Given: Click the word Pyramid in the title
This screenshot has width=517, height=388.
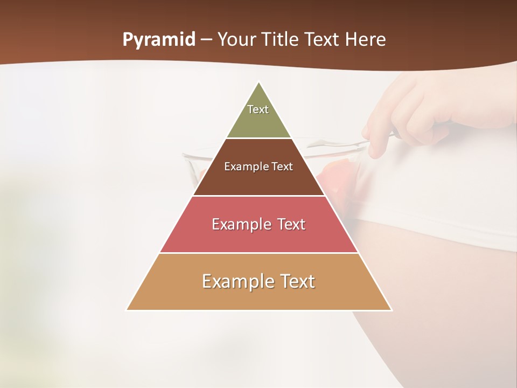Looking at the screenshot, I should tap(158, 40).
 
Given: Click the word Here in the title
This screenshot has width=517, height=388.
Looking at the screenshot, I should tap(366, 40).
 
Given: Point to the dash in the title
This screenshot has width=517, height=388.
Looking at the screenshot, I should tap(206, 40).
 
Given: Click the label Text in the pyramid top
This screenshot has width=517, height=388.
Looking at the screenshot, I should tap(258, 109).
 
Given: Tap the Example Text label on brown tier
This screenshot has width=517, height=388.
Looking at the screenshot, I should tap(258, 167).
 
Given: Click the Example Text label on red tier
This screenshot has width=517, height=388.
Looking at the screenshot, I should tap(258, 224).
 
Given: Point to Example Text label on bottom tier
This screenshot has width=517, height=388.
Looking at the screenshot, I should tap(258, 281).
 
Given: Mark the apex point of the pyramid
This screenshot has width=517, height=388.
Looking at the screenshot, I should tap(259, 82).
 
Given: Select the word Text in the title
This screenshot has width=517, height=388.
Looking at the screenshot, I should tap(323, 40).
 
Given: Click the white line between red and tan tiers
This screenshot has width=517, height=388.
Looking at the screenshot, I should tap(258, 253).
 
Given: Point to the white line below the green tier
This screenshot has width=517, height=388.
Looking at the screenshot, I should tap(258, 138).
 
